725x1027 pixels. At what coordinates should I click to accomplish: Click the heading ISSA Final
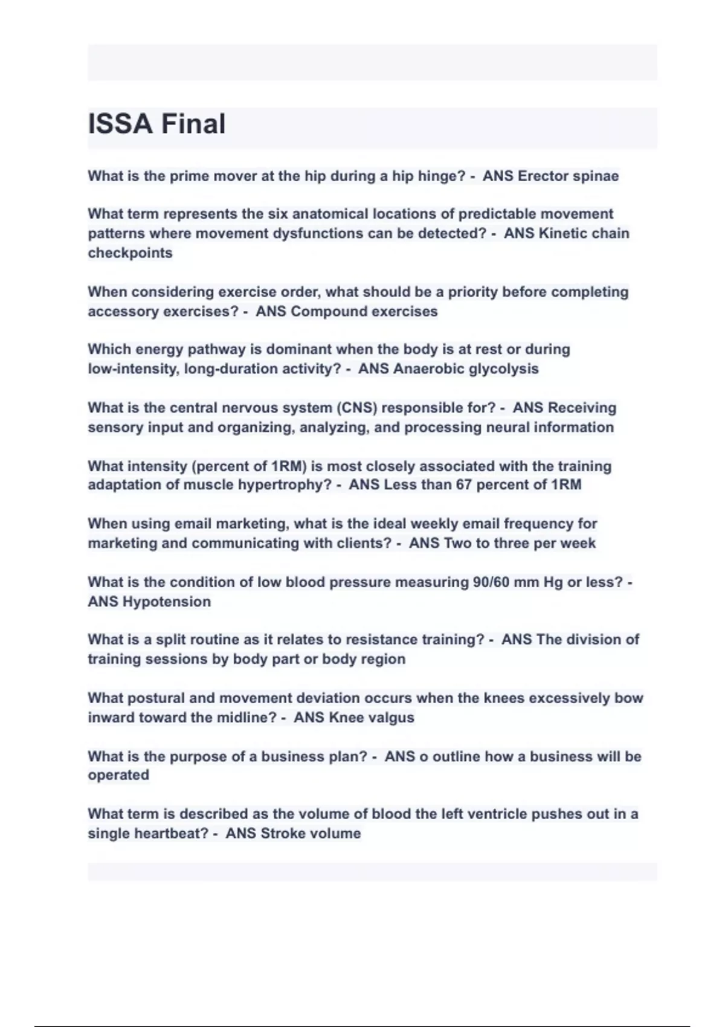(x=156, y=124)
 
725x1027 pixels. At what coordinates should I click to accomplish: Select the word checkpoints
(x=130, y=253)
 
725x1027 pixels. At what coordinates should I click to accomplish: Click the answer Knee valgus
(x=372, y=718)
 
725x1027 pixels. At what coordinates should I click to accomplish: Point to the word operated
(x=118, y=775)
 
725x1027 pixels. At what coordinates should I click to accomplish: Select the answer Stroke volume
(x=311, y=834)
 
